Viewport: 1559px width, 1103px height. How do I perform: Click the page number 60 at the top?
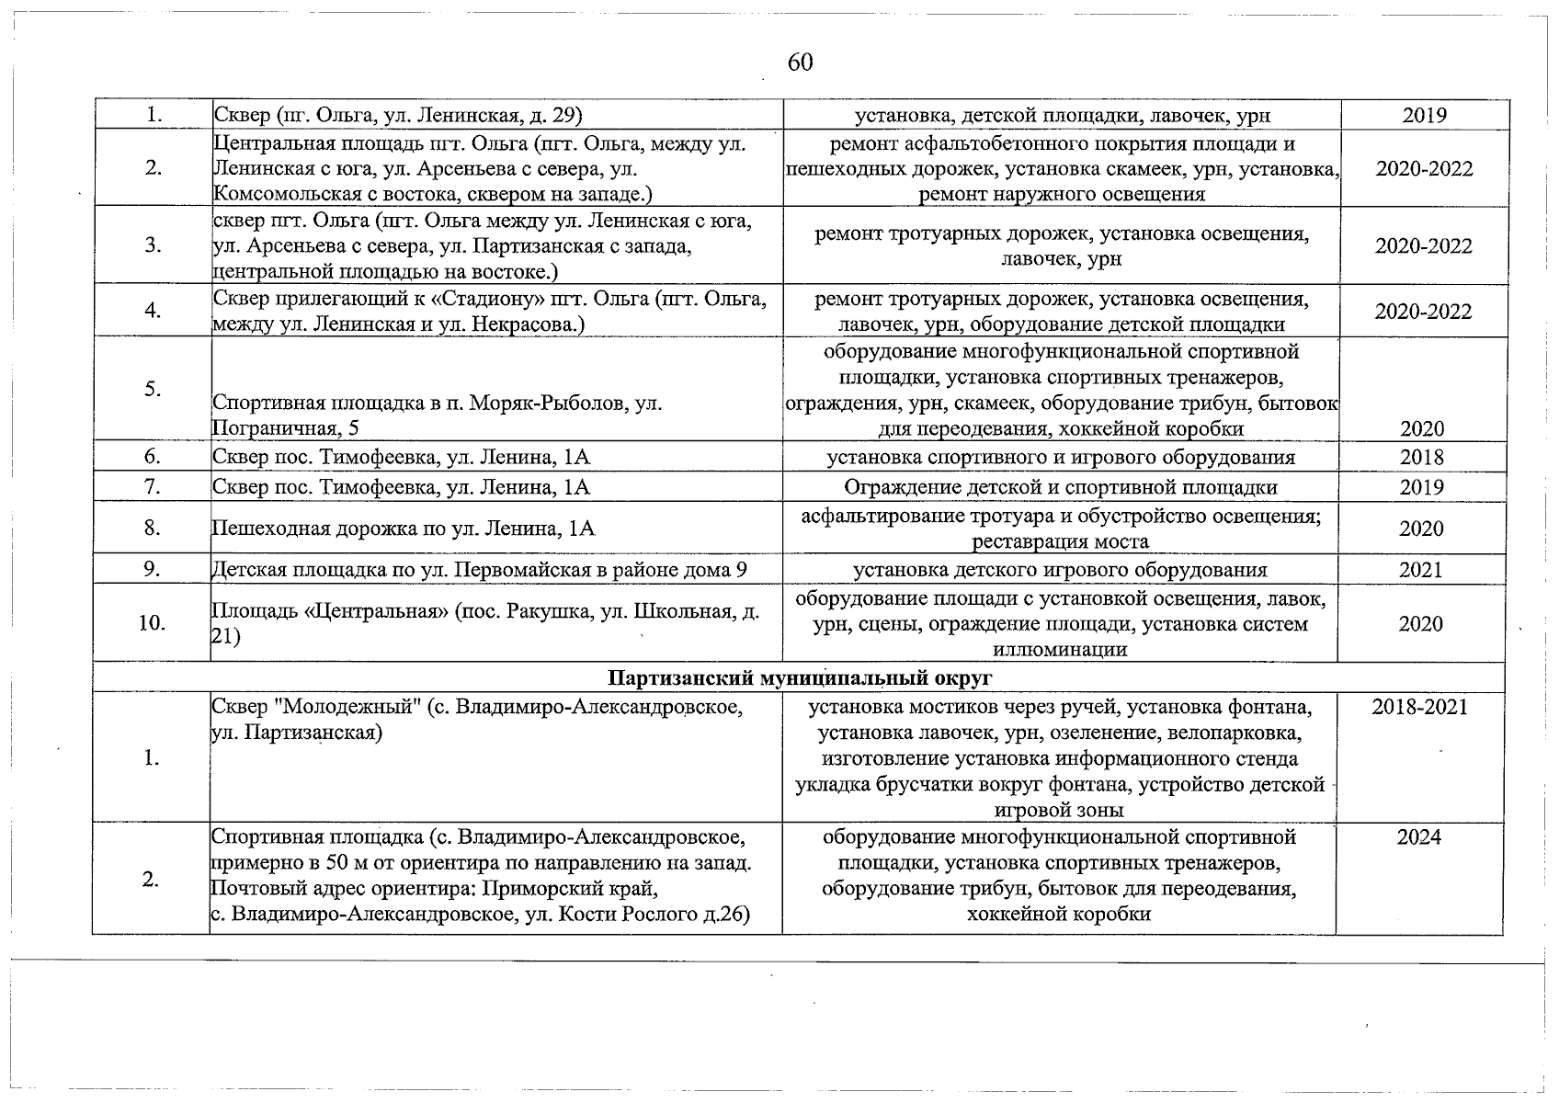coord(800,63)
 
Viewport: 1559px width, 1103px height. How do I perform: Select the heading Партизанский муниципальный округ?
coord(800,678)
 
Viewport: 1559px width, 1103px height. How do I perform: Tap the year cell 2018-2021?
coord(1419,707)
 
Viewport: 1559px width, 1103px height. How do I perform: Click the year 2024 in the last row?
coord(1419,837)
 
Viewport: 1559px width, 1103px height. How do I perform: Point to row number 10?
coord(152,623)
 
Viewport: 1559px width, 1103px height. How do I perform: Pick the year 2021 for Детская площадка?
coord(1421,570)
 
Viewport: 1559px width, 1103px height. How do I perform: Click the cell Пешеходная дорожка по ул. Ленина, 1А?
coord(404,529)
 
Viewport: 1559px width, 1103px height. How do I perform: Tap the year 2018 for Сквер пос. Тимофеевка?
coord(1421,458)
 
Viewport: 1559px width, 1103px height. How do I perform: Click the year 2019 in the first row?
coord(1424,115)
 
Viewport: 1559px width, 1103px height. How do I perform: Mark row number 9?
coord(152,570)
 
